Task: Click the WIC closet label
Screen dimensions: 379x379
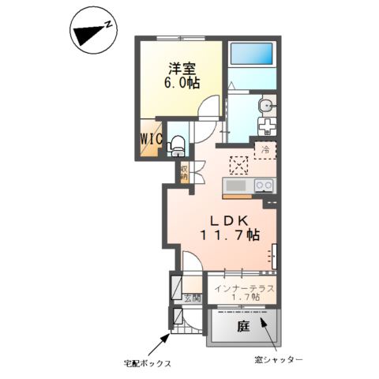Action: [x=152, y=138]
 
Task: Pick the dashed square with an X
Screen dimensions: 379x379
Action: [x=238, y=164]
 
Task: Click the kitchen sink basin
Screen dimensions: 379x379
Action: [x=236, y=186]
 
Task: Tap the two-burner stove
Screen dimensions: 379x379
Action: [x=264, y=186]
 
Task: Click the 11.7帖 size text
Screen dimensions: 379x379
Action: [x=228, y=235]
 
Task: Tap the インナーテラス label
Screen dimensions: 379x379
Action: [x=243, y=289]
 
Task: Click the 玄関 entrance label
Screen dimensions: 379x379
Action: [x=191, y=298]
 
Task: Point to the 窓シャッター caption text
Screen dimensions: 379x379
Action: [x=280, y=360]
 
